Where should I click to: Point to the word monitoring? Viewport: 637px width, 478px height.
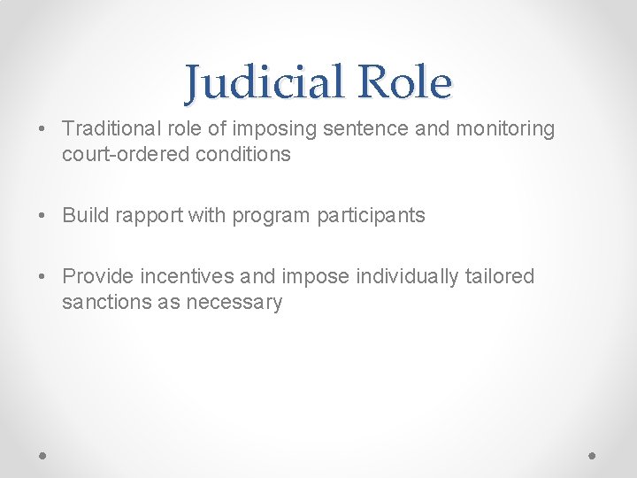505,129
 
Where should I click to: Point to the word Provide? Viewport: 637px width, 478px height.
97,277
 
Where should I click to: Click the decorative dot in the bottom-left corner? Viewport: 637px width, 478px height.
43,455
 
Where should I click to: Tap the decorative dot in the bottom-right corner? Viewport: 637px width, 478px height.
593,455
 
